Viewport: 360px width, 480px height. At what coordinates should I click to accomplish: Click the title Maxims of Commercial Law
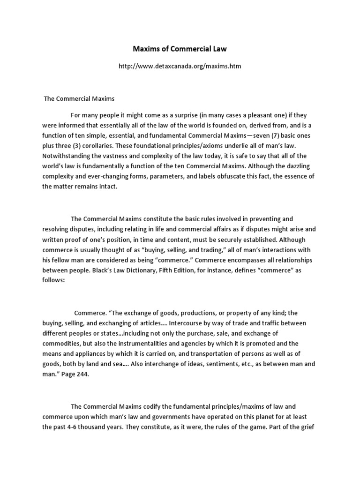point(180,49)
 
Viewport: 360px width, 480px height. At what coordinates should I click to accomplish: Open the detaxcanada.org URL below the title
point(180,67)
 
